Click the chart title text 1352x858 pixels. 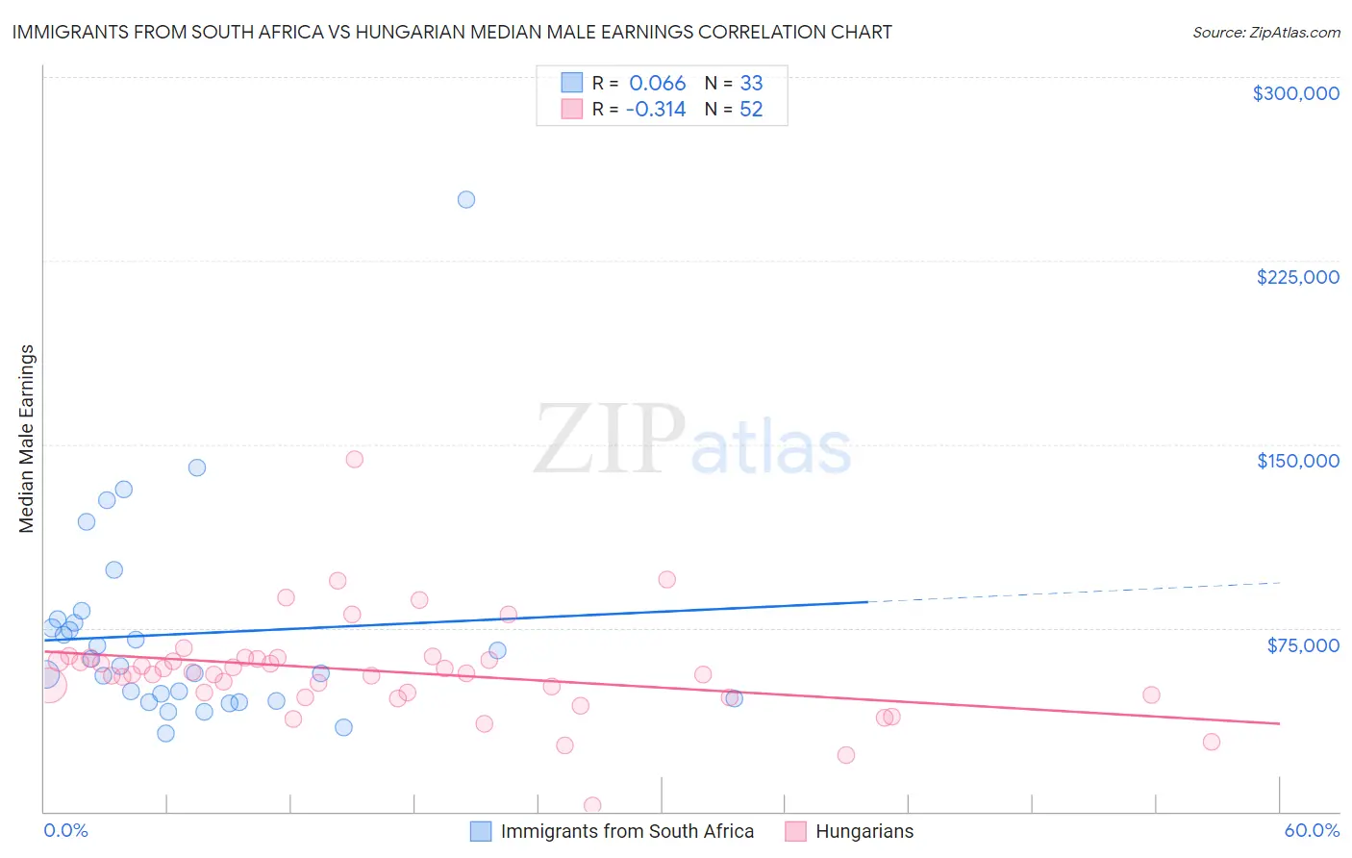pos(452,32)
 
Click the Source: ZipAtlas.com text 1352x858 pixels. pos(1265,32)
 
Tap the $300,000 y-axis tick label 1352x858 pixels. pos(1295,93)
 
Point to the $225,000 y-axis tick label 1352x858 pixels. pos(1297,277)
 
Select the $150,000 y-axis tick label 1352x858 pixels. pos(1297,461)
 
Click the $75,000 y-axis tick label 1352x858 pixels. pos(1302,645)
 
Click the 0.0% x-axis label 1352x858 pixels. pos(65,830)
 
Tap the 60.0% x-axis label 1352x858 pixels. pos(1311,830)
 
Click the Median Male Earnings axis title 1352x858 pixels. pos(27,439)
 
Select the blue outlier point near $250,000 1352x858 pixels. pos(466,200)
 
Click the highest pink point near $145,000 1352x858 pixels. pos(354,459)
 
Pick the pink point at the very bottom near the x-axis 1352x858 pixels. pos(592,805)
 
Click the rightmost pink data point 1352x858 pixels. pos(1212,742)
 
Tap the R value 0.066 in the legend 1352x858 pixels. pos(657,84)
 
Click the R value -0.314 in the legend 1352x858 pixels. pos(655,110)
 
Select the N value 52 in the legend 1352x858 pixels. pos(751,110)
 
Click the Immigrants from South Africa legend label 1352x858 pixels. pos(627,831)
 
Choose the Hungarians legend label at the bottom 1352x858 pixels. pos(864,831)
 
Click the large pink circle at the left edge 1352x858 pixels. pos(48,684)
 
